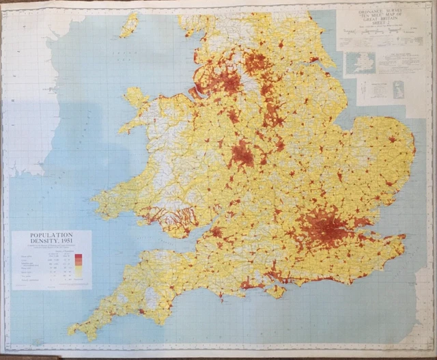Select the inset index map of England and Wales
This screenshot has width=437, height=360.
pos(359,64)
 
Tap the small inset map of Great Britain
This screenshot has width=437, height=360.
pos(394,89)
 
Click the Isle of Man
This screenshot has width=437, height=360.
pos(128,25)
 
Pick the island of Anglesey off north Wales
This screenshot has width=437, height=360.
pos(136,98)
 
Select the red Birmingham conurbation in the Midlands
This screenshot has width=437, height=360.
pos(242,154)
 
